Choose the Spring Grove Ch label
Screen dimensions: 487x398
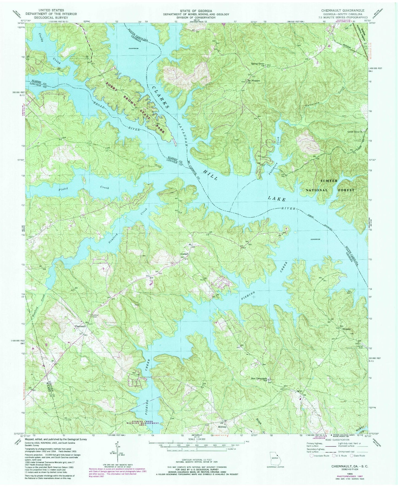pyautogui.click(x=258, y=64)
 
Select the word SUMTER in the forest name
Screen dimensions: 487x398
pyautogui.click(x=329, y=181)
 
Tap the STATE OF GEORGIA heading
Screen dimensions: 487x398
pyautogui.click(x=192, y=10)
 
